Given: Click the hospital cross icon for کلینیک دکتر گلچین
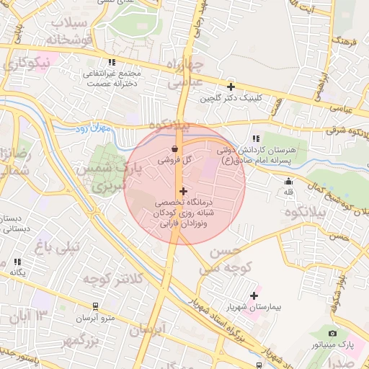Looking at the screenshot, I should [231, 86].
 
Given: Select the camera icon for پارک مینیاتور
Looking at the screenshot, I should [332, 333].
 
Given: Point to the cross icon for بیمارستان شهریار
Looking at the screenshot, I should [254, 295].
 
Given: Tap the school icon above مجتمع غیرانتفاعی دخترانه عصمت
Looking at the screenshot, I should [110, 63].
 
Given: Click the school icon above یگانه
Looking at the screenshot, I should [17, 262].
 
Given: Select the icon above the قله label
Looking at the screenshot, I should [289, 182].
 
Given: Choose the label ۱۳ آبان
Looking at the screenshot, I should [27, 316].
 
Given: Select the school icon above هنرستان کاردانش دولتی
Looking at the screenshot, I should [255, 138].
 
